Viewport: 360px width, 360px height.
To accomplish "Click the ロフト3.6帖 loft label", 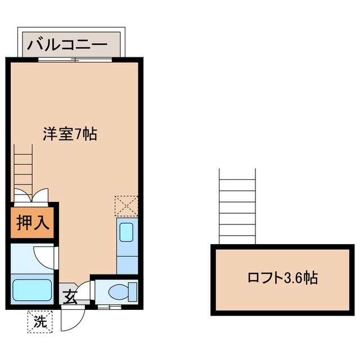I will (x=282, y=278).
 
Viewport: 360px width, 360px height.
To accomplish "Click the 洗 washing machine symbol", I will (x=40, y=322).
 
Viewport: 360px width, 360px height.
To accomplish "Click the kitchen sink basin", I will (x=127, y=232).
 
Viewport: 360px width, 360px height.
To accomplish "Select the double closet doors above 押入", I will (x=31, y=197).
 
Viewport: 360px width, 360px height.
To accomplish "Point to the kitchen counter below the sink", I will (x=127, y=259).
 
